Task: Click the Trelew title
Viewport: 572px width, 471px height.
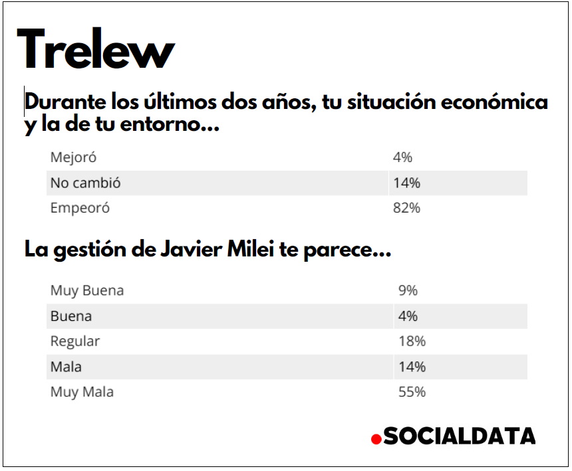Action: click(96, 50)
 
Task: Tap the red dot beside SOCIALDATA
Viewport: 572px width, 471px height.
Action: click(376, 439)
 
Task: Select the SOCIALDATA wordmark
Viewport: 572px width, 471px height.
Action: click(460, 436)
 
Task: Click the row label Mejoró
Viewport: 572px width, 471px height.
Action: click(73, 157)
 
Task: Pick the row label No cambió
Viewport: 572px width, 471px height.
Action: click(85, 183)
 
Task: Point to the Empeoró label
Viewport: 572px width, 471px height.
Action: click(80, 208)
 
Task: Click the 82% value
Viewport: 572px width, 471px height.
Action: click(406, 208)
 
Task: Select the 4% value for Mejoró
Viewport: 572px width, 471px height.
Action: click(402, 157)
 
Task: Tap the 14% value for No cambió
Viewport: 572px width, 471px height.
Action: click(406, 183)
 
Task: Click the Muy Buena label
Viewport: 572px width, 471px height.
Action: click(86, 290)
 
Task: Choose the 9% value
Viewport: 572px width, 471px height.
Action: click(408, 290)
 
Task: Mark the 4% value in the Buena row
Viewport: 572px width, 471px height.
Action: click(408, 316)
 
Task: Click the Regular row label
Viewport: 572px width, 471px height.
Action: click(75, 341)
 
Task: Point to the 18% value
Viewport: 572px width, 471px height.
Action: click(412, 341)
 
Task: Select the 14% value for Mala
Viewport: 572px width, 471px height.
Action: click(412, 366)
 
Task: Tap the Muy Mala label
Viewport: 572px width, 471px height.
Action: click(82, 392)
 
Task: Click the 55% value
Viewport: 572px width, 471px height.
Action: click(412, 392)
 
